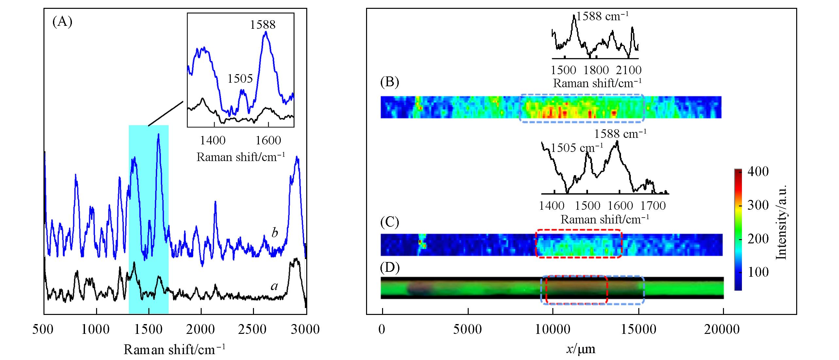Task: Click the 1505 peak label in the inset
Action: [240, 79]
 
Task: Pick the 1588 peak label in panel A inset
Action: [263, 25]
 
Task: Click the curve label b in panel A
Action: [275, 233]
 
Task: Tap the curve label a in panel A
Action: [274, 286]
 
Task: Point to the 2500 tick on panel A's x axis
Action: [254, 329]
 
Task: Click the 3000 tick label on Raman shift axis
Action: [306, 329]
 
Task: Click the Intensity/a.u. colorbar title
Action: [781, 222]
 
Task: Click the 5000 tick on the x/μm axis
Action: [468, 329]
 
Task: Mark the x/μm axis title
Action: [580, 349]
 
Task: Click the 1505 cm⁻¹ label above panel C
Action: [577, 148]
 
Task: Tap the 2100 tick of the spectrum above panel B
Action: [629, 70]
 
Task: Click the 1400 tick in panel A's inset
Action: [213, 140]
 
